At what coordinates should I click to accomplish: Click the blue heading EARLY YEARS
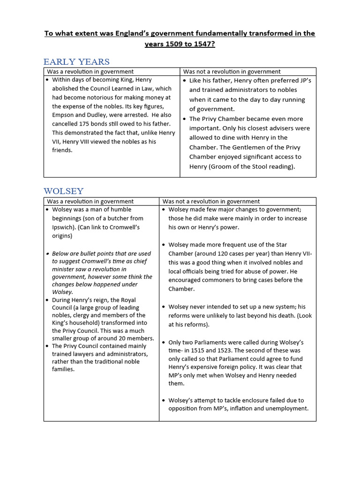(76, 62)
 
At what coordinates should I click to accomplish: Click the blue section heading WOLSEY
(63, 191)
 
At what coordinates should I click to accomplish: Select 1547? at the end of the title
(205, 44)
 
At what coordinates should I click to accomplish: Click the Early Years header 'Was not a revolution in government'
(232, 72)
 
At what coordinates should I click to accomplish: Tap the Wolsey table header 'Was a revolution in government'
(90, 201)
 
